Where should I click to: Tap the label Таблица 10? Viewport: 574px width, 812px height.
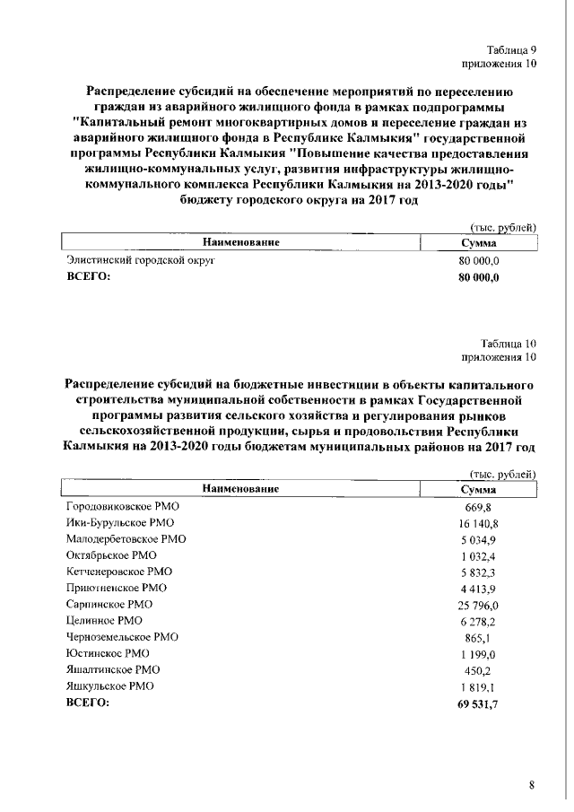pos(509,343)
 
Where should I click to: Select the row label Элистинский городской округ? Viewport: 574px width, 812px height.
pos(142,260)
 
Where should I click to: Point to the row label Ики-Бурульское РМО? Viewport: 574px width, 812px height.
pos(121,522)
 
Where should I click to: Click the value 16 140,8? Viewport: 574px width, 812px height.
pos(478,522)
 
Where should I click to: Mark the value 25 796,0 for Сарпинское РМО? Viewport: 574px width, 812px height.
pos(478,605)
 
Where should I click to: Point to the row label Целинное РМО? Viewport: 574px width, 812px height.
pos(104,620)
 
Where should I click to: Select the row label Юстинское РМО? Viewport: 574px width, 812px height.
pos(107,653)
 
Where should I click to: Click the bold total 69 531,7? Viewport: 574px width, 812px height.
pos(478,703)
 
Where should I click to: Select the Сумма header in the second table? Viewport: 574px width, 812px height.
pos(478,489)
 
